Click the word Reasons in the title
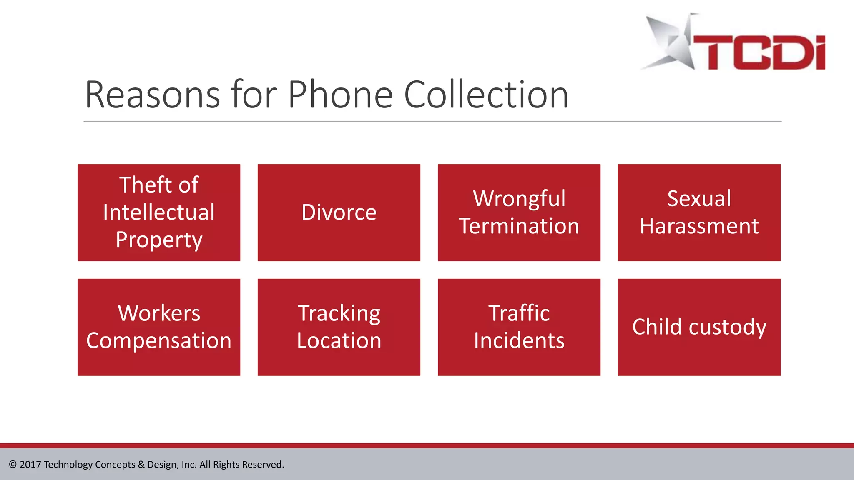pos(152,95)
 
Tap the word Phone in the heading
pos(340,95)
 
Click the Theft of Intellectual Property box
pos(159,212)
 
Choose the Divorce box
pos(339,212)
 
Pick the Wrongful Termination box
pos(519,212)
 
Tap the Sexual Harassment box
pos(699,212)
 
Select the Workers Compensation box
pos(159,327)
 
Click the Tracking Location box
pos(339,327)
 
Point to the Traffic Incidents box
pos(519,327)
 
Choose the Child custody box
pos(699,327)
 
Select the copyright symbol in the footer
pos(13,465)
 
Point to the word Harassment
pos(699,226)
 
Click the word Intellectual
pos(159,212)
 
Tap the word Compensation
pos(159,341)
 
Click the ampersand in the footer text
pos(141,465)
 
